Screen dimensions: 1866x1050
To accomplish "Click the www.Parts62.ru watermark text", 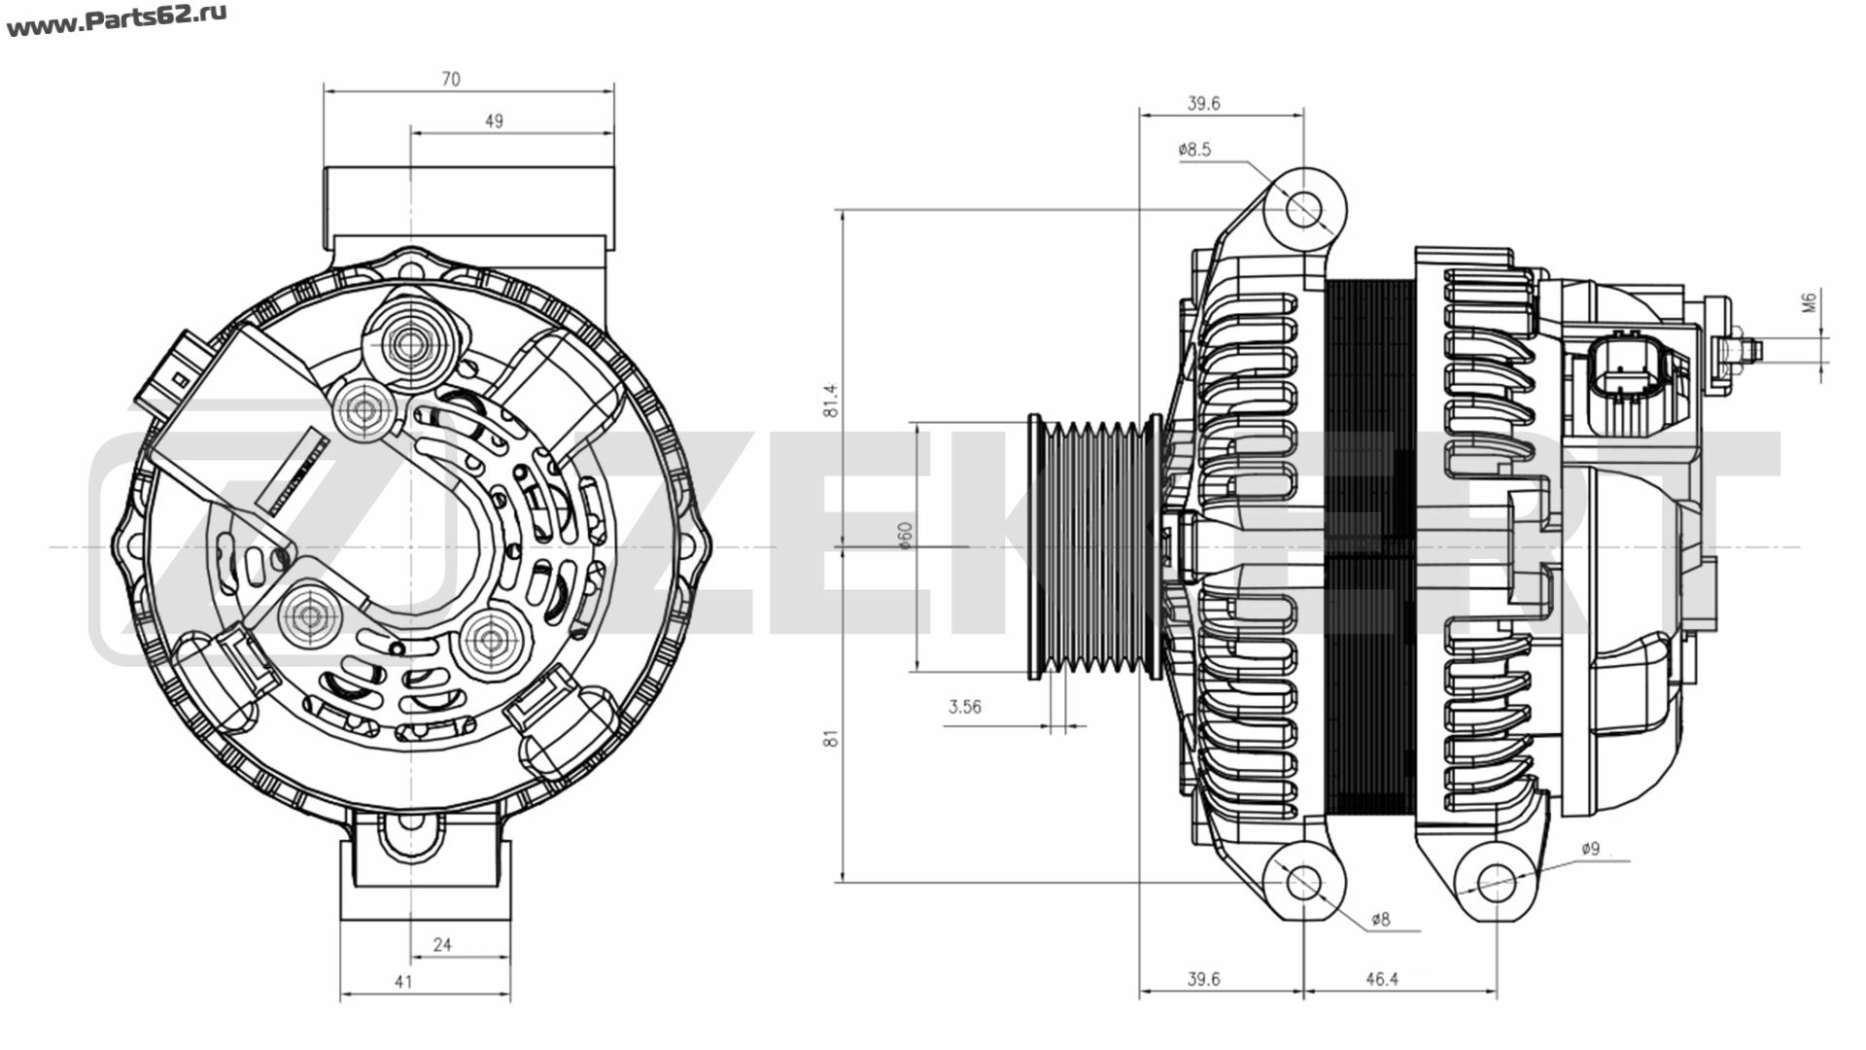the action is (117, 22).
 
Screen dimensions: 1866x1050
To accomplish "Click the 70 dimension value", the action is (451, 79).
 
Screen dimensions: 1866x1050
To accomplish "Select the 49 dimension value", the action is (494, 122).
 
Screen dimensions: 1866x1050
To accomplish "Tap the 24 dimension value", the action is (442, 944).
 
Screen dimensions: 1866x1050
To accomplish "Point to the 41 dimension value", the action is (403, 981).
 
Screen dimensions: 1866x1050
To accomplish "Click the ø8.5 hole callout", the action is (1194, 150).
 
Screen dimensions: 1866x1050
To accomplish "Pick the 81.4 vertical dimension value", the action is (831, 401).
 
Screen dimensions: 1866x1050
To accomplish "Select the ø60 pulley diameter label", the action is (905, 537).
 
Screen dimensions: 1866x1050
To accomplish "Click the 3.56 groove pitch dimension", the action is (964, 707).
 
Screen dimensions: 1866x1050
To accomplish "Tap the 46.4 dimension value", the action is (1381, 979).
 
